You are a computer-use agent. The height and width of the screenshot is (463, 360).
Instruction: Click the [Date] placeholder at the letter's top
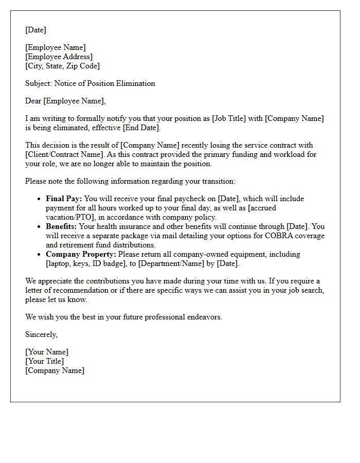pyautogui.click(x=36, y=30)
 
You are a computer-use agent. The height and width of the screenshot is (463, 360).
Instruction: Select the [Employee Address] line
pyautogui.click(x=59, y=57)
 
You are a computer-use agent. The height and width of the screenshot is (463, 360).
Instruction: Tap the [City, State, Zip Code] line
pyautogui.click(x=63, y=66)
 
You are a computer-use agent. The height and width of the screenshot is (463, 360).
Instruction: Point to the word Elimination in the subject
pyautogui.click(x=136, y=83)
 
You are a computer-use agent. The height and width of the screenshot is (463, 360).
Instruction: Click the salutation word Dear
pyautogui.click(x=33, y=101)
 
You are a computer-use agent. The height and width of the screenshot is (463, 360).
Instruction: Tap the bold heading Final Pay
pyautogui.click(x=64, y=199)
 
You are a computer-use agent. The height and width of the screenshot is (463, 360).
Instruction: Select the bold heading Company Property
pyautogui.click(x=81, y=255)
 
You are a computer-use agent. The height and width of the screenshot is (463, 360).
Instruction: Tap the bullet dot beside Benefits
pyautogui.click(x=40, y=227)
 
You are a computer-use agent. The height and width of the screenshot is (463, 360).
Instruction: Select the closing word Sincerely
pyautogui.click(x=41, y=335)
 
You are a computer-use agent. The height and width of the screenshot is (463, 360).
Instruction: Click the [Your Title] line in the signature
pyautogui.click(x=44, y=362)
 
